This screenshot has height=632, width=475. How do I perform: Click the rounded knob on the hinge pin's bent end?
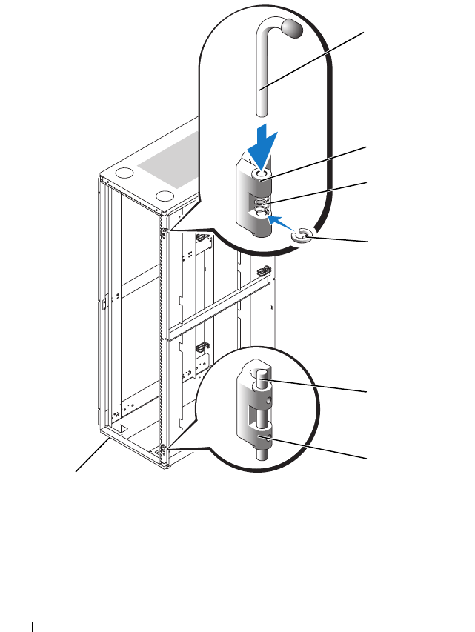pyautogui.click(x=293, y=30)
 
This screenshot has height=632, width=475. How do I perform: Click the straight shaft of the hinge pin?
pyautogui.click(x=263, y=82)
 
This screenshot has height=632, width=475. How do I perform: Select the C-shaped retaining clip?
pyautogui.click(x=303, y=236)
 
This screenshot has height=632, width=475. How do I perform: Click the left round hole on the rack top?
pyautogui.click(x=125, y=175)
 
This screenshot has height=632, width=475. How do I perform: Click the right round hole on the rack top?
pyautogui.click(x=166, y=197)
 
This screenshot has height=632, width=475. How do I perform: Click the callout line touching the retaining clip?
pyautogui.click(x=341, y=239)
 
